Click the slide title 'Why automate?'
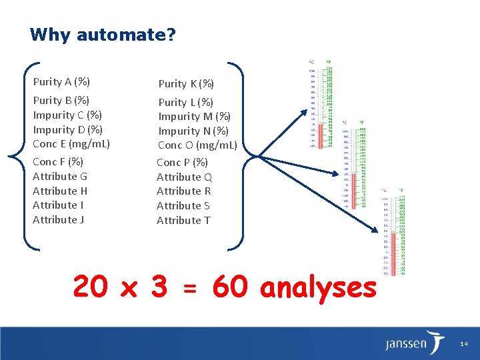click(103, 34)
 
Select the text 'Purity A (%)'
click(61, 82)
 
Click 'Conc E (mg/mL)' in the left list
click(71, 143)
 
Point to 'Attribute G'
click(60, 176)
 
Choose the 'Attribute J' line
click(58, 219)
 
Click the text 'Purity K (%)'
click(186, 83)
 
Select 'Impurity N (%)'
click(193, 131)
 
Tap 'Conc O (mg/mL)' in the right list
click(197, 145)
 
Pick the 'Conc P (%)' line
click(182, 162)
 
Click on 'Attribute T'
click(183, 220)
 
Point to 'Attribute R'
click(183, 191)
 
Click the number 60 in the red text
click(229, 287)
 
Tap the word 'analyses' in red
click(318, 287)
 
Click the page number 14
click(464, 344)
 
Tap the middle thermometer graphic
click(354, 164)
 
